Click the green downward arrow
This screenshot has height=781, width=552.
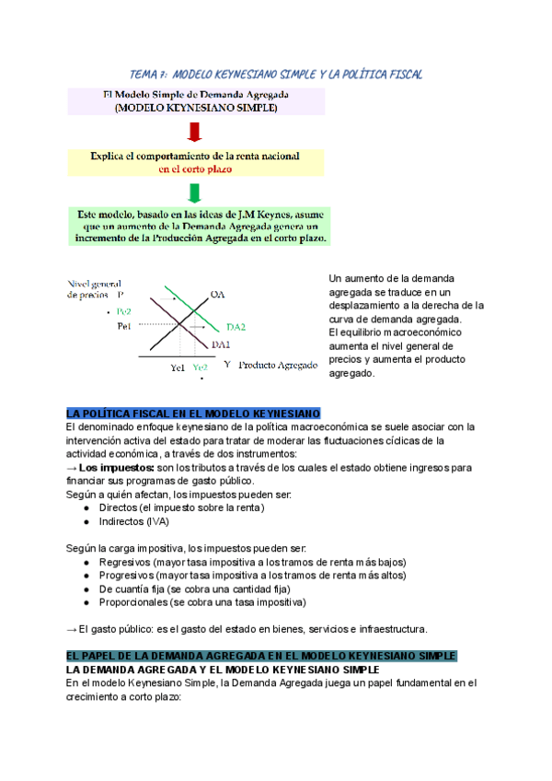tap(194, 192)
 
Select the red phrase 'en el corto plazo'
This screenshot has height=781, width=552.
tap(194, 169)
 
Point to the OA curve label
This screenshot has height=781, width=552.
tap(218, 294)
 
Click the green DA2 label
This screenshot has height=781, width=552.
tap(236, 326)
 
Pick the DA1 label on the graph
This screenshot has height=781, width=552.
tap(221, 344)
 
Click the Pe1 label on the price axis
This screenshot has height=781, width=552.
tap(124, 326)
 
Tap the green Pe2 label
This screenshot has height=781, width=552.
tap(124, 312)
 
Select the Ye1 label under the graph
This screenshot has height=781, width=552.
tap(178, 367)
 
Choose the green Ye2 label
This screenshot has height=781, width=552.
tap(200, 367)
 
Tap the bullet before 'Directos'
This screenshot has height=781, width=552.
tap(86, 507)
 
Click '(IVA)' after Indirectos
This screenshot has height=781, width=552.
tap(154, 521)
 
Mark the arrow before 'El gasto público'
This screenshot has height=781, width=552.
tap(72, 629)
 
